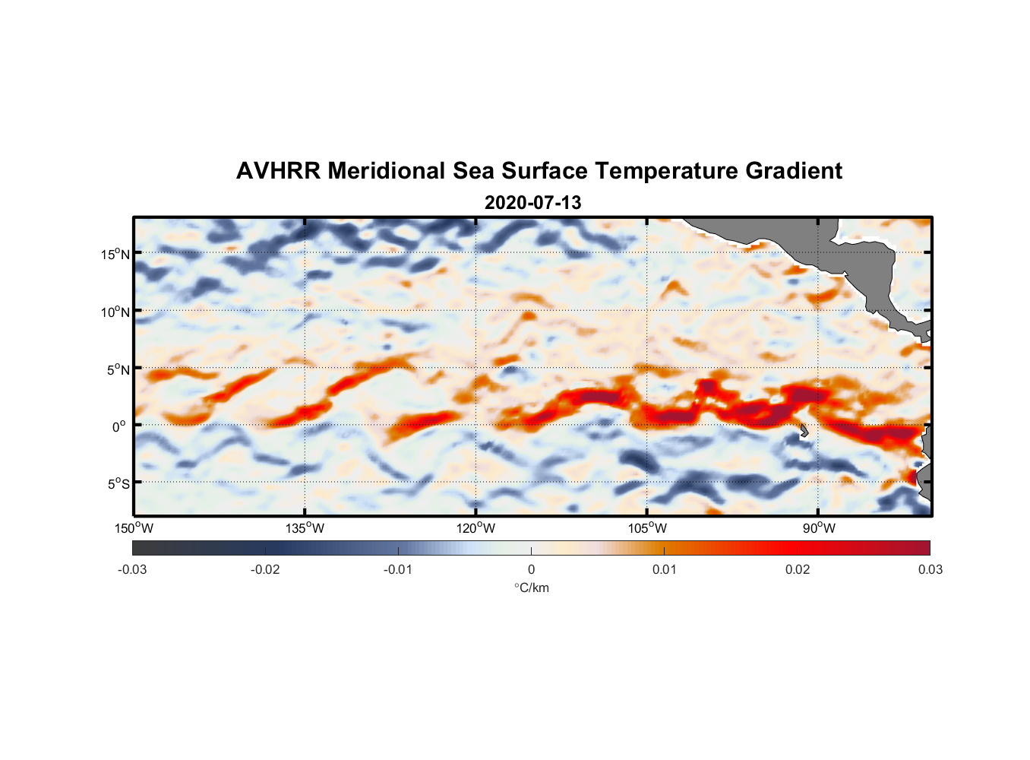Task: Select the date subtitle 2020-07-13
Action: [532, 203]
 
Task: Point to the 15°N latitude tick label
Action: [115, 254]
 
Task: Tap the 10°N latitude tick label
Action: [115, 312]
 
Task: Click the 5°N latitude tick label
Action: [118, 369]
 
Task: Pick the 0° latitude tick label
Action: [119, 426]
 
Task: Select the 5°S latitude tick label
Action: [118, 483]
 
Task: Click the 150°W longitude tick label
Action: [134, 528]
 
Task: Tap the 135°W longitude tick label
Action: [305, 528]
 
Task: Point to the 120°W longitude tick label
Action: [476, 528]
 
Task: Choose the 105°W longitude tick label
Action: [647, 528]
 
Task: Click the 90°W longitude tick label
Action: [819, 528]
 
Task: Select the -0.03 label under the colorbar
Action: [132, 569]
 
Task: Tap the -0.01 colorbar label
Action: [398, 569]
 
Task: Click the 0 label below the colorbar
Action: [531, 569]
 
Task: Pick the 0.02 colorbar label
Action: [798, 569]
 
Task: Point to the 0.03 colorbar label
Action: [930, 569]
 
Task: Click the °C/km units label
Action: [532, 587]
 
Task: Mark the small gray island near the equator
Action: [804, 431]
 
